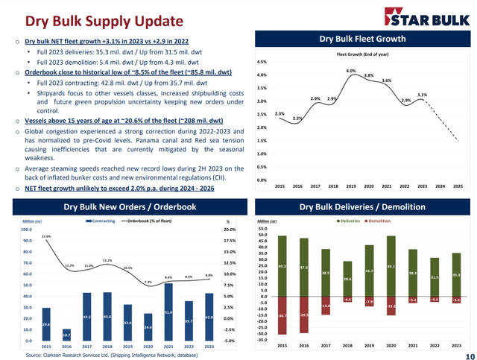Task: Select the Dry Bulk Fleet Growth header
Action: click(362, 39)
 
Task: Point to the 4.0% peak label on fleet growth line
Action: click(350, 71)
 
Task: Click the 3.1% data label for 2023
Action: click(422, 95)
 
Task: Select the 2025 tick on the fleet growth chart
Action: click(458, 186)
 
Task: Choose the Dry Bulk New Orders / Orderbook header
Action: click(130, 206)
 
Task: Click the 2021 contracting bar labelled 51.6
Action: click(168, 312)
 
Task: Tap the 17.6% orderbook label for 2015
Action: click(46, 236)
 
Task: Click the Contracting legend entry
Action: click(101, 221)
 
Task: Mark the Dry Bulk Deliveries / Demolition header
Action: click(362, 206)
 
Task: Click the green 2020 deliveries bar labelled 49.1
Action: click(391, 266)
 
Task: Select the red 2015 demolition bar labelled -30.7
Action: click(282, 316)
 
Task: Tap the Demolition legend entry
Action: click(378, 221)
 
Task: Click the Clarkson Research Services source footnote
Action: click(112, 355)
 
